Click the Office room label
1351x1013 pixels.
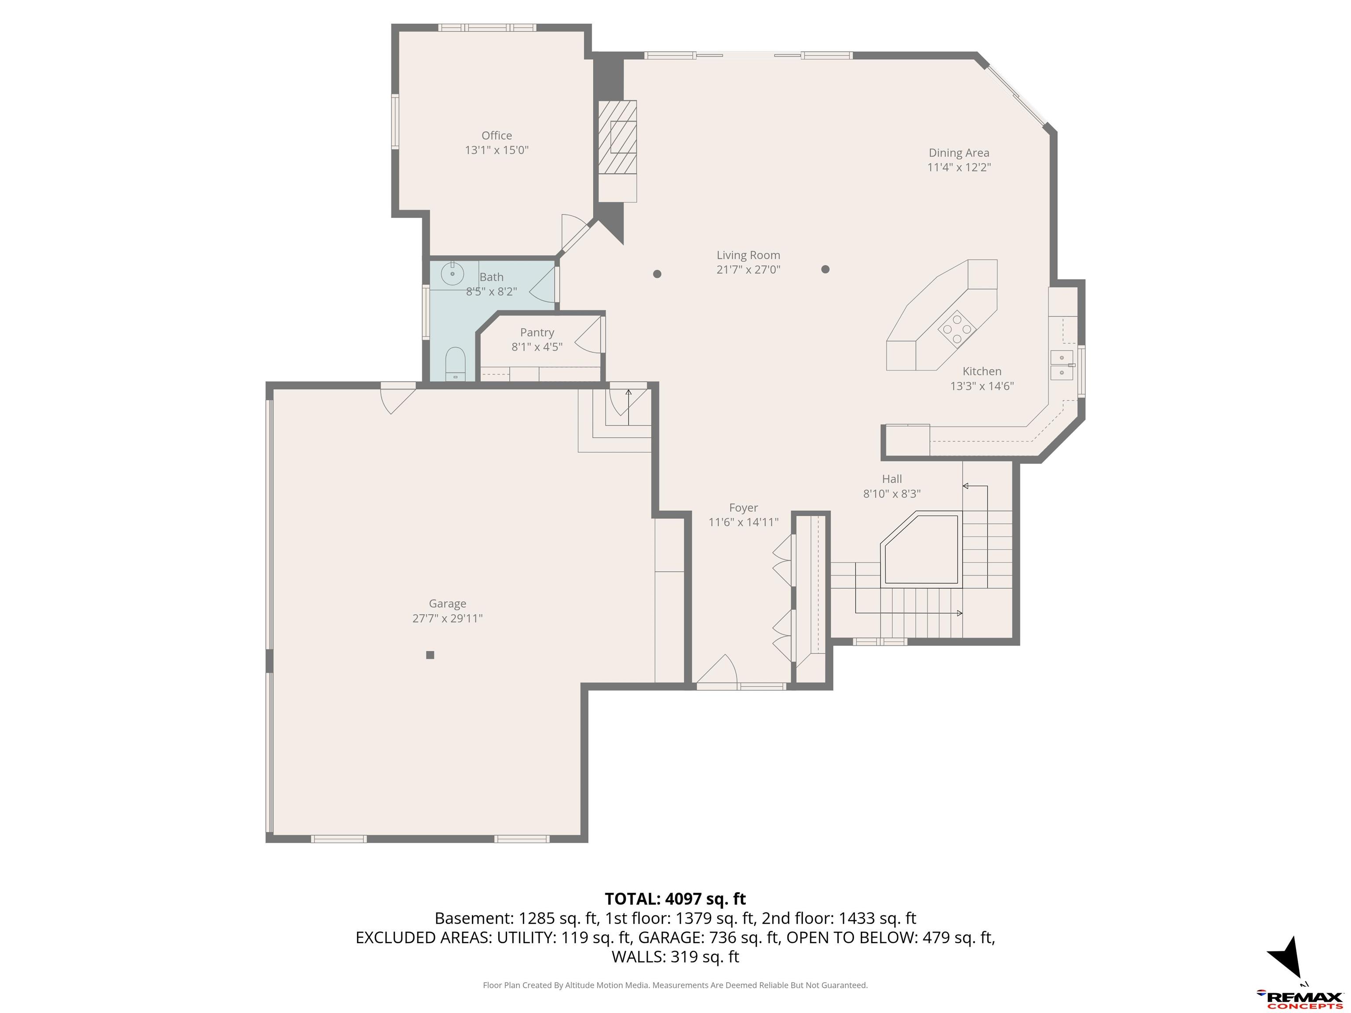(x=497, y=135)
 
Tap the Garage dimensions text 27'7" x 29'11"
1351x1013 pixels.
(x=448, y=618)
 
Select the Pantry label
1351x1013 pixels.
(x=537, y=333)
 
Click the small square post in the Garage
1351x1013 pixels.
(x=430, y=655)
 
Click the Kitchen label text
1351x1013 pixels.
(x=982, y=371)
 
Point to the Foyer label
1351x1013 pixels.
(x=743, y=507)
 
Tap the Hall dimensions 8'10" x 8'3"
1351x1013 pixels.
(x=892, y=493)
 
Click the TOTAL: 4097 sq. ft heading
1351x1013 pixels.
(x=675, y=899)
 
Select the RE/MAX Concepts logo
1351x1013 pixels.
(x=1299, y=999)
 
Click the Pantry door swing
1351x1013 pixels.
(x=588, y=336)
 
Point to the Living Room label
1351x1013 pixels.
(x=748, y=255)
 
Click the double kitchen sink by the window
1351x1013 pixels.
(x=1062, y=365)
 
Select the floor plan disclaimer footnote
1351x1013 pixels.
(x=675, y=985)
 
